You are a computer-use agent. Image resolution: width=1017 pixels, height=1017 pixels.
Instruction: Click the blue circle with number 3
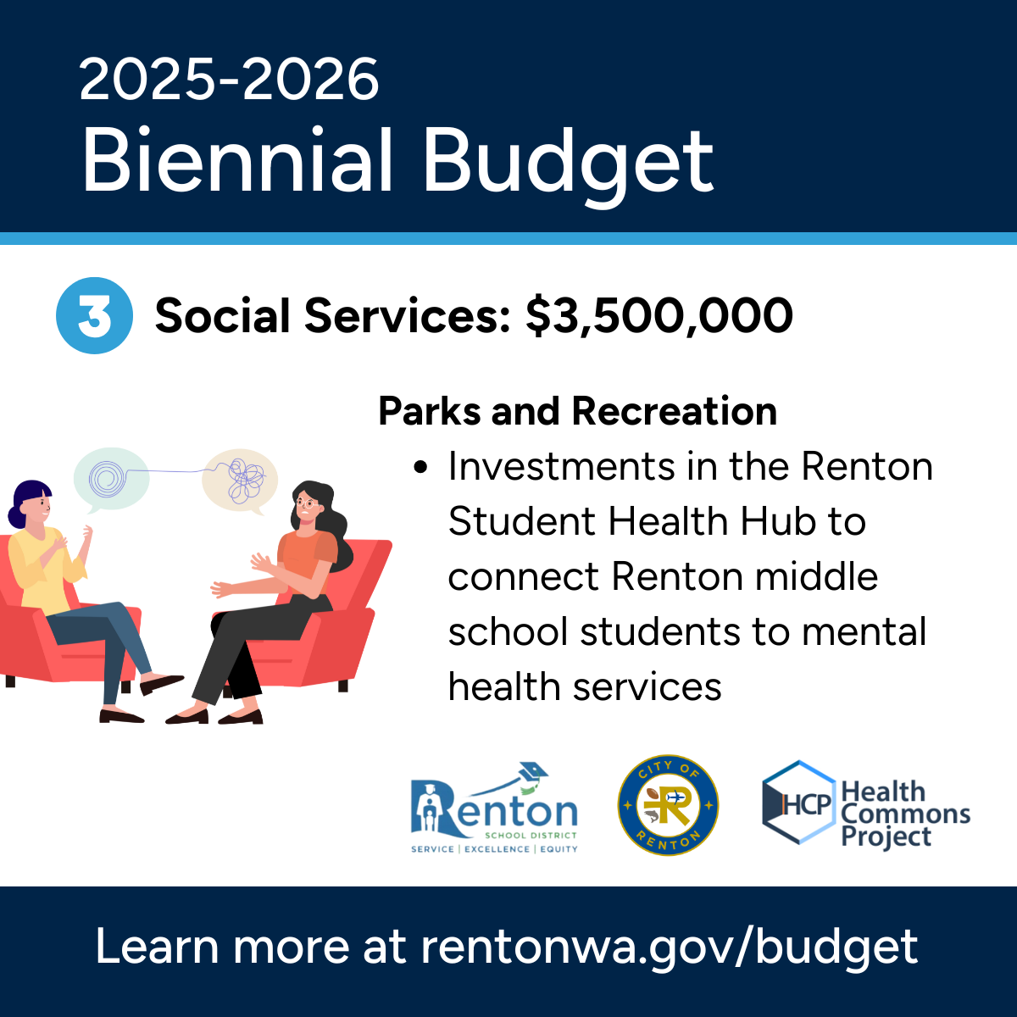tap(94, 315)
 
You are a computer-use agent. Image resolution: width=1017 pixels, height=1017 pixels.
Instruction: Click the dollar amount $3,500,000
tap(659, 316)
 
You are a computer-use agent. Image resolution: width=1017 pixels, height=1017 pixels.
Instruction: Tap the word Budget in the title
tap(568, 161)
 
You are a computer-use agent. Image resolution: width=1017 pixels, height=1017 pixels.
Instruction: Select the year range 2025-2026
tap(229, 81)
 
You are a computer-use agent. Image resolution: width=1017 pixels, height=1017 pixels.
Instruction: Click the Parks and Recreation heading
tap(577, 412)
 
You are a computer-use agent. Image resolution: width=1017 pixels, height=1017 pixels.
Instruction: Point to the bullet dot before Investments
tap(421, 468)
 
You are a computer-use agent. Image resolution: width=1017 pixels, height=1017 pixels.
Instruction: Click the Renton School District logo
tap(494, 809)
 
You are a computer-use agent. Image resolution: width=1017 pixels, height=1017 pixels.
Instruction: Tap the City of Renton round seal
tap(668, 806)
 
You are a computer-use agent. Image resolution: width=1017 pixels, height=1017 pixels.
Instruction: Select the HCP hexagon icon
tap(797, 803)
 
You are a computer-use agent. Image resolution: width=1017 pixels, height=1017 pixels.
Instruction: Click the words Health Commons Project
tap(904, 814)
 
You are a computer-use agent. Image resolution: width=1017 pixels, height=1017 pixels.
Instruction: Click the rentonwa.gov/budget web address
tap(669, 947)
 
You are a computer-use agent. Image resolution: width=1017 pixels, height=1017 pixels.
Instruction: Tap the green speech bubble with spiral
tap(110, 479)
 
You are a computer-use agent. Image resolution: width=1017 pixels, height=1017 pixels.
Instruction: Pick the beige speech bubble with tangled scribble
tap(241, 481)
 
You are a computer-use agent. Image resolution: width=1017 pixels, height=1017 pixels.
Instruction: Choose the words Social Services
tap(331, 316)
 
